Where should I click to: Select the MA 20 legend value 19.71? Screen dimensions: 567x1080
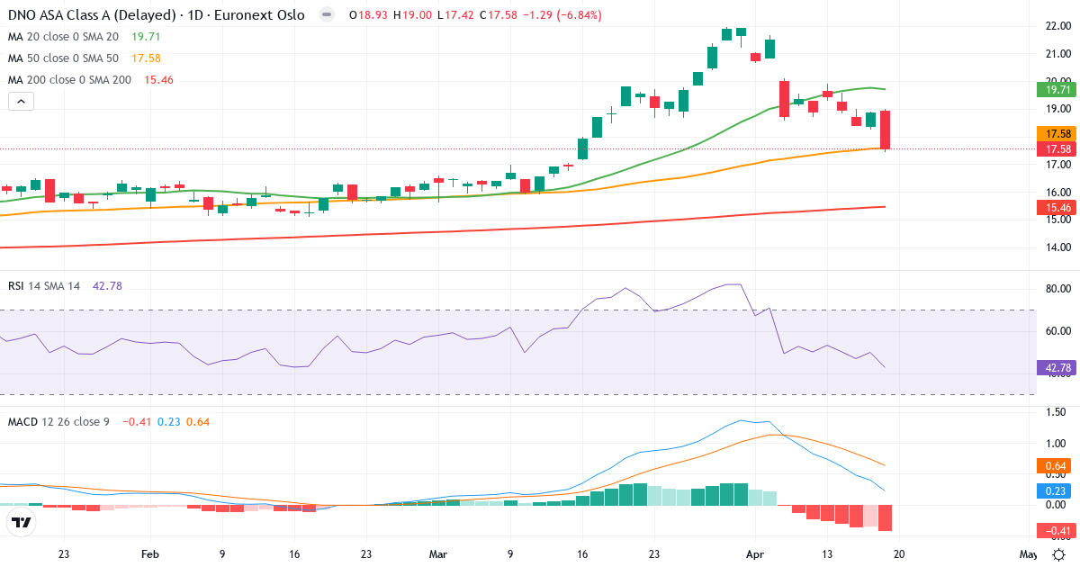tap(146, 37)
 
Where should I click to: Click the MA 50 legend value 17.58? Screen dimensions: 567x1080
tap(146, 58)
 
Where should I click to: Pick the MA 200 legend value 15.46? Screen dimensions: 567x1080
tap(152, 80)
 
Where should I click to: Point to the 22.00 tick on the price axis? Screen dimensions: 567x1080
tap(1057, 26)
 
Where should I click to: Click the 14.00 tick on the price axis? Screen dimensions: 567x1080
tap(1057, 247)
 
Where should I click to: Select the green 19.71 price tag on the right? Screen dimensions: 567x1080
tap(1057, 90)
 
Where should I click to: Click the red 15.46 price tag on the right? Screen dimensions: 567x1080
tap(1057, 208)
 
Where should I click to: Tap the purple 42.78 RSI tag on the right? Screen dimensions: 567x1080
tap(1057, 368)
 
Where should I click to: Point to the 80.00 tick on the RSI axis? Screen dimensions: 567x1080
tap(1057, 289)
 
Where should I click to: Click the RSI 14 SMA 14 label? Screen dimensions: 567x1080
tap(44, 286)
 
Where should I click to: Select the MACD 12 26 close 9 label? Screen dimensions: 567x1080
tap(58, 421)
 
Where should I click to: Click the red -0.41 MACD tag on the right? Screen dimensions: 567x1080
tap(1057, 530)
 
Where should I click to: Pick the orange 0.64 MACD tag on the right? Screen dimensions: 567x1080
tap(1057, 466)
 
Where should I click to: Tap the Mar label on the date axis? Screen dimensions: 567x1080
tap(438, 554)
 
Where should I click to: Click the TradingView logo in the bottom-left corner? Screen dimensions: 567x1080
tap(22, 522)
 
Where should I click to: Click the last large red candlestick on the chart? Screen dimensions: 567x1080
tap(886, 130)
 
